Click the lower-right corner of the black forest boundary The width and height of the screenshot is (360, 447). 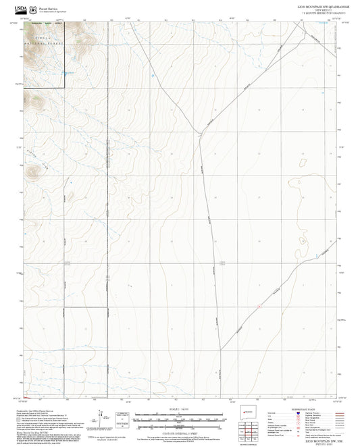coord(64,88)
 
